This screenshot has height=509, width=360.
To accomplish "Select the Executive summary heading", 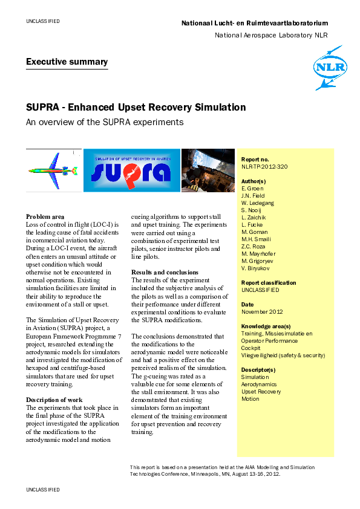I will point(67,62).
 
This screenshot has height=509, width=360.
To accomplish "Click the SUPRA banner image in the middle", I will point(131,170).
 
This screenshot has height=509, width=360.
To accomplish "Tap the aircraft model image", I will point(53,170).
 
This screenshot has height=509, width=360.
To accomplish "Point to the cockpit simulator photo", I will point(208,170).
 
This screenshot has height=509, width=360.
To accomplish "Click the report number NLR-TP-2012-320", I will point(264,166).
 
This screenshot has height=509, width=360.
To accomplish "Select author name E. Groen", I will point(252,189).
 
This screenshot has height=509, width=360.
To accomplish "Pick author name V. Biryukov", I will point(256,268).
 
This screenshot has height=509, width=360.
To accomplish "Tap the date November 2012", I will point(262,311).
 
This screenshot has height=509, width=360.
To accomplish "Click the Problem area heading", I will point(45,216).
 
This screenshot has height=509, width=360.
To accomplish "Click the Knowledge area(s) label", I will point(266,326).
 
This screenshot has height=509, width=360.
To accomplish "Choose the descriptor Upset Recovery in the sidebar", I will point(261,392).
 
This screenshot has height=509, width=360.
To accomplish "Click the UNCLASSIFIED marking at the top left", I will point(42,21).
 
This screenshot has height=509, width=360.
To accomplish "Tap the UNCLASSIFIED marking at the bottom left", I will point(42,488).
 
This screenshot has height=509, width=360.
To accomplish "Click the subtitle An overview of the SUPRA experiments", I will point(104,122).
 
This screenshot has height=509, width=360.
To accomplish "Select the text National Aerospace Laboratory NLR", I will point(271,35).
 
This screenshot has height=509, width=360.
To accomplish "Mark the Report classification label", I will point(269,282).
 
